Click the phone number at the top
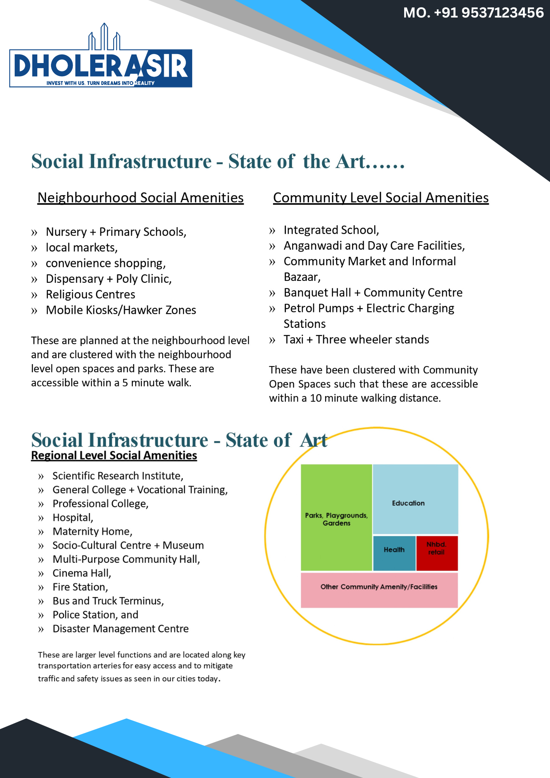[x=473, y=13]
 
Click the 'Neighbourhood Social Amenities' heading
[x=140, y=198]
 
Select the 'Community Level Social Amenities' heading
[x=380, y=198]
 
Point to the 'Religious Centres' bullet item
[x=90, y=294]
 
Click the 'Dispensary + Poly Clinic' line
[x=109, y=279]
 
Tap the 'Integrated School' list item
[x=331, y=230]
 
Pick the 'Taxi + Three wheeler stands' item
[x=356, y=340]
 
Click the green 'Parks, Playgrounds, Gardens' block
[x=336, y=517]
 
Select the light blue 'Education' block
[x=415, y=499]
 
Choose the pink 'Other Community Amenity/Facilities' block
[x=379, y=590]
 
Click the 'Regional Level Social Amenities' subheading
[x=114, y=456]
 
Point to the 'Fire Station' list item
[x=80, y=587]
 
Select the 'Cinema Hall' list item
[x=82, y=573]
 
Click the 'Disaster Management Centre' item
[x=121, y=629]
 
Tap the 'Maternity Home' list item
[x=92, y=531]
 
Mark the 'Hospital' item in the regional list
[x=73, y=517]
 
